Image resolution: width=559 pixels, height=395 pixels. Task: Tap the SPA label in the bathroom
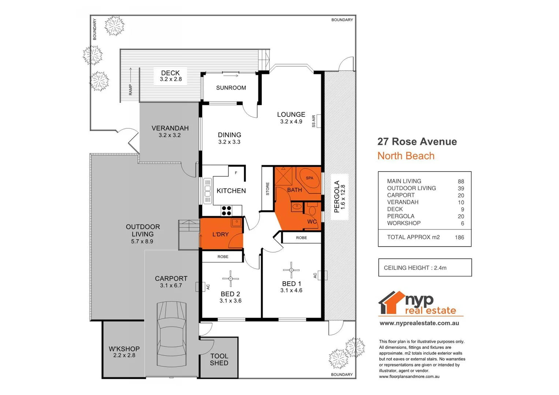pyautogui.click(x=310, y=178)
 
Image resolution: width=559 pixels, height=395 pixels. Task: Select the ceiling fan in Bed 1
pyautogui.click(x=291, y=270)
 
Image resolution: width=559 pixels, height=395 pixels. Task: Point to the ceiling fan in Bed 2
pyautogui.click(x=231, y=279)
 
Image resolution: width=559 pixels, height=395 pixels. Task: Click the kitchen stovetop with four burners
pyautogui.click(x=227, y=210)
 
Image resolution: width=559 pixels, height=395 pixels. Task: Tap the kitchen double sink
pyautogui.click(x=208, y=191)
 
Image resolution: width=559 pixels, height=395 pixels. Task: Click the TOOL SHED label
pyautogui.click(x=219, y=359)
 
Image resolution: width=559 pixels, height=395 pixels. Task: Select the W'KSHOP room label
pyautogui.click(x=124, y=349)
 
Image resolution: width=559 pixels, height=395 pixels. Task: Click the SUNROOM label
pyautogui.click(x=231, y=88)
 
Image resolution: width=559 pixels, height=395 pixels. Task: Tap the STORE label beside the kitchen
pyautogui.click(x=268, y=189)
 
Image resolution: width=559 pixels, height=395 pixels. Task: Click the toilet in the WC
pyautogui.click(x=312, y=210)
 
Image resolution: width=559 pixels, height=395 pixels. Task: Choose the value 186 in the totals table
pyautogui.click(x=459, y=237)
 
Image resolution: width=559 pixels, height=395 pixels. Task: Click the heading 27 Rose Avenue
pyautogui.click(x=417, y=142)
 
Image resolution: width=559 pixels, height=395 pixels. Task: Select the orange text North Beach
pyautogui.click(x=406, y=156)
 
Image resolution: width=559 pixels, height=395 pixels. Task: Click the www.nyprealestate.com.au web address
pyautogui.click(x=419, y=323)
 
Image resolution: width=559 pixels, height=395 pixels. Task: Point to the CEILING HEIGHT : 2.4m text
pyautogui.click(x=415, y=268)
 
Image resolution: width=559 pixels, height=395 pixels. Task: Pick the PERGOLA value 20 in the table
pyautogui.click(x=461, y=216)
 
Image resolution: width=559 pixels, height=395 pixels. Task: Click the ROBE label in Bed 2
pyautogui.click(x=223, y=257)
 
